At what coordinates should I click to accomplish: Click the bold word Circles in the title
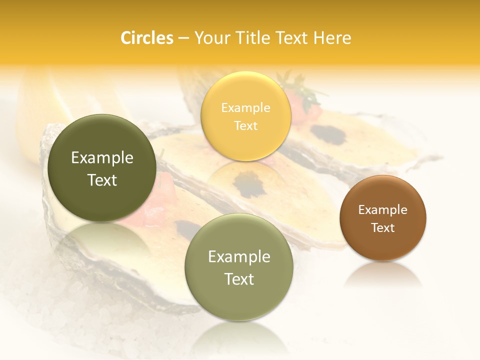tap(146, 38)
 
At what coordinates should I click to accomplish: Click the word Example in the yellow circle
tap(246, 107)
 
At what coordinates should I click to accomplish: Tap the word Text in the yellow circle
tap(246, 125)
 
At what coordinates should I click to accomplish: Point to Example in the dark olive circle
tap(102, 158)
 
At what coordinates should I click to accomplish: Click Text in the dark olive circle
tap(102, 180)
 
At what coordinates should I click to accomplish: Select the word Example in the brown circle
tap(383, 210)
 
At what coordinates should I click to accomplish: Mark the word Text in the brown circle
tap(383, 228)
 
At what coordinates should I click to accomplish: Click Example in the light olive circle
tap(239, 256)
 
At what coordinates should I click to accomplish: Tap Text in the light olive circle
tap(239, 279)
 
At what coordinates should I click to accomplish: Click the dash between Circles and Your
tap(183, 38)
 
